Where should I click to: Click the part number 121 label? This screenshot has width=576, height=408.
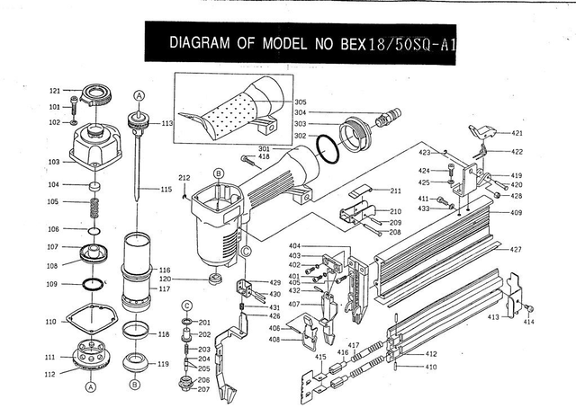tap(55, 91)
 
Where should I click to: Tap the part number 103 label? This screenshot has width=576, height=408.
tap(55, 162)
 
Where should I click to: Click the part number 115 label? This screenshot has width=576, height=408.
tap(166, 190)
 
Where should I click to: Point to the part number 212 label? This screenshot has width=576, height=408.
tap(184, 176)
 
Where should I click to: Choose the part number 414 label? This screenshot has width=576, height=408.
tap(528, 322)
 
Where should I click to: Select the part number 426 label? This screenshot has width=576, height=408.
tap(274, 315)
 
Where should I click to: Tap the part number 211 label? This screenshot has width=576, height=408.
tap(395, 191)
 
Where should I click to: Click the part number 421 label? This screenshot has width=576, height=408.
tap(517, 133)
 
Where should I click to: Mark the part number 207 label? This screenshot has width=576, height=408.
tap(204, 389)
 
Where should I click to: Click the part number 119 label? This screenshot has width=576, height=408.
tap(164, 364)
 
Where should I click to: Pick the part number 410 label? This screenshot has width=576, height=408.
tap(431, 368)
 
